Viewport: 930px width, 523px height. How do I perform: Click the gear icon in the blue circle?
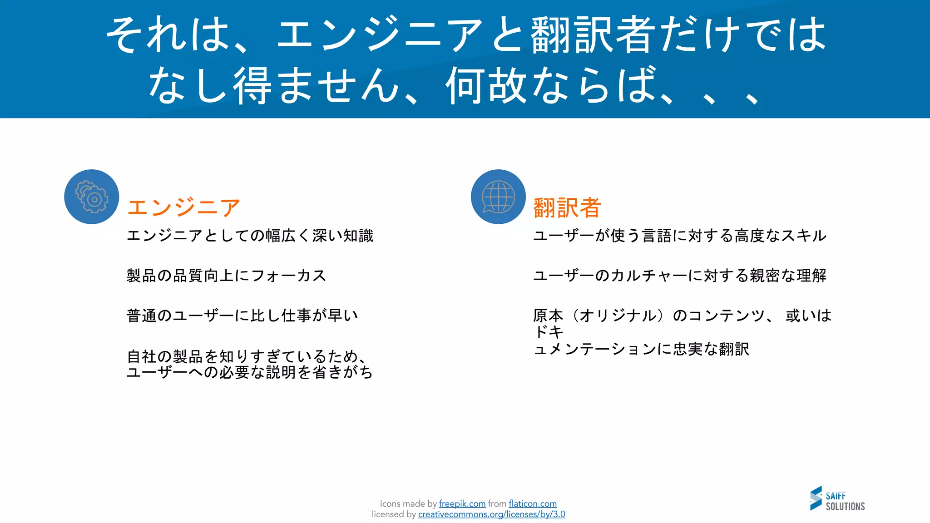92,197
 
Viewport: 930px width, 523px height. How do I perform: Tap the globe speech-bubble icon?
498,197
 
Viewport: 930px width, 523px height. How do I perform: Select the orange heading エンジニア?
183,207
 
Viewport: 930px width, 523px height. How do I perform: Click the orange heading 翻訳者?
567,207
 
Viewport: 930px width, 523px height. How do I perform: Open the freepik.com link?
462,503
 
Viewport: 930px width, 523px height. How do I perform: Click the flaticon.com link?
532,503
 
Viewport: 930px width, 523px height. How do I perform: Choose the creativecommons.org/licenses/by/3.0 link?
491,514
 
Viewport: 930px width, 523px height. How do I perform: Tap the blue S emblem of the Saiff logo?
816,498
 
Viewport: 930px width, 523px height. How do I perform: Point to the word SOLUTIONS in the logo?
845,506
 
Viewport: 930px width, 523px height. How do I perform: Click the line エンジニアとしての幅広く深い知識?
250,236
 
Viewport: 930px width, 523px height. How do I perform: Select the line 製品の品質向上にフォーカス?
226,276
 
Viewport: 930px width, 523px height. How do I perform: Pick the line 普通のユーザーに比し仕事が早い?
242,316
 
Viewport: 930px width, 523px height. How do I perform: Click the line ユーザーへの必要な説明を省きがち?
250,372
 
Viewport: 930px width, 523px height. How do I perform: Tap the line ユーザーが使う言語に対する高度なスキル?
679,236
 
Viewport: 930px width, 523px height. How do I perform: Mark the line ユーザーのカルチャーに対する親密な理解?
679,276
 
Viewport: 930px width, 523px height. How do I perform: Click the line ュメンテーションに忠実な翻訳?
641,349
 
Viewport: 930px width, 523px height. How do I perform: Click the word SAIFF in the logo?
836,496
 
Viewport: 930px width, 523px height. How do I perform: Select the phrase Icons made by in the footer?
408,503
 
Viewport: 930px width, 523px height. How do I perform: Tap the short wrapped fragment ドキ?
549,332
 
